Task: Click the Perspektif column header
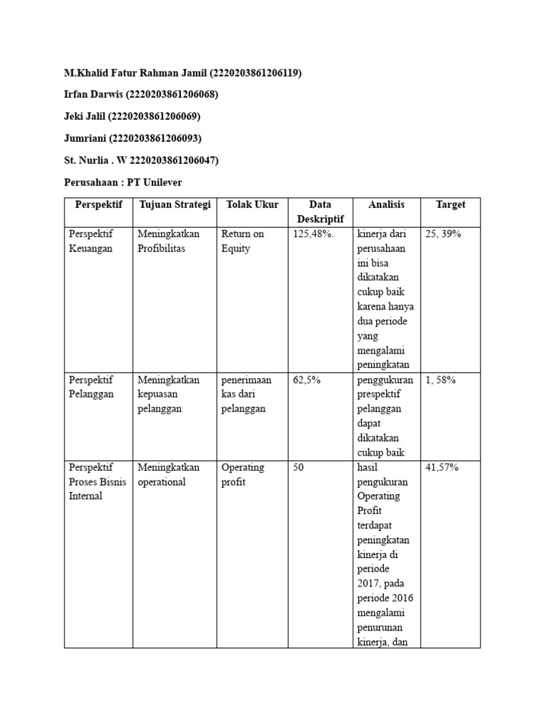click(x=98, y=204)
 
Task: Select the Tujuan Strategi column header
click(x=175, y=204)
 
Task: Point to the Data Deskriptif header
click(x=320, y=212)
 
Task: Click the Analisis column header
click(x=386, y=204)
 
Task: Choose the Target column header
click(x=451, y=204)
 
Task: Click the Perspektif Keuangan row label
click(x=91, y=241)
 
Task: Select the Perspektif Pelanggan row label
click(x=91, y=387)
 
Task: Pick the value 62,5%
click(x=307, y=380)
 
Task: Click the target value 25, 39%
click(x=443, y=234)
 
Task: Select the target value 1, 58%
click(x=440, y=380)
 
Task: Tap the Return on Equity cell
click(x=242, y=241)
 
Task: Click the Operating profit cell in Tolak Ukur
click(x=242, y=474)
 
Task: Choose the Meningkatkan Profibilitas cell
click(x=169, y=241)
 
